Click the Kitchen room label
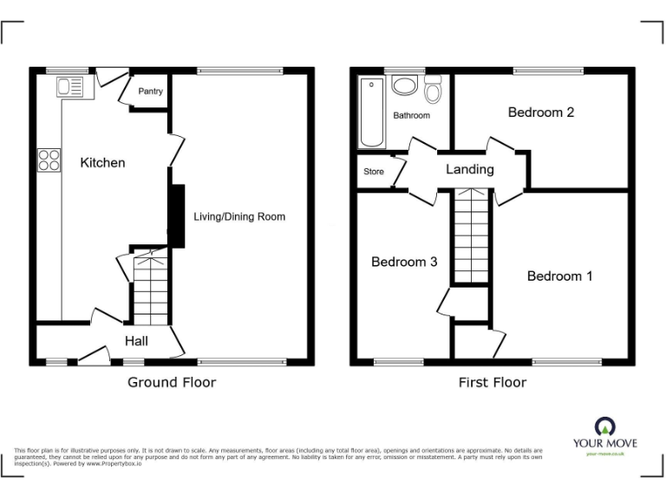[102, 163]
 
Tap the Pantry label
[151, 91]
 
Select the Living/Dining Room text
[238, 217]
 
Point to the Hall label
[135, 340]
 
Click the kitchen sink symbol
[69, 87]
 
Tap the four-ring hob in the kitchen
[49, 160]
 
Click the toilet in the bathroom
[433, 89]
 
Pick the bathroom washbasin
[404, 86]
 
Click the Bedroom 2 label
[541, 113]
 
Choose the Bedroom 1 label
[559, 276]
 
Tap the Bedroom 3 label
[403, 262]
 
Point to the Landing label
[469, 170]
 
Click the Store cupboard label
[373, 172]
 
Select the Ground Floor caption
[172, 382]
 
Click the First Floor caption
[492, 382]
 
